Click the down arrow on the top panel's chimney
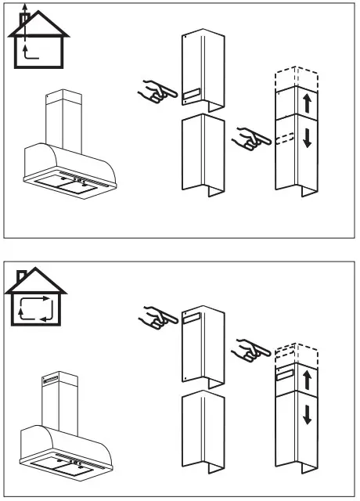[307, 138]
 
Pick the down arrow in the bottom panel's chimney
[308, 414]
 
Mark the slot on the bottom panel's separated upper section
[193, 316]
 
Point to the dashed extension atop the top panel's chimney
[292, 78]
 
